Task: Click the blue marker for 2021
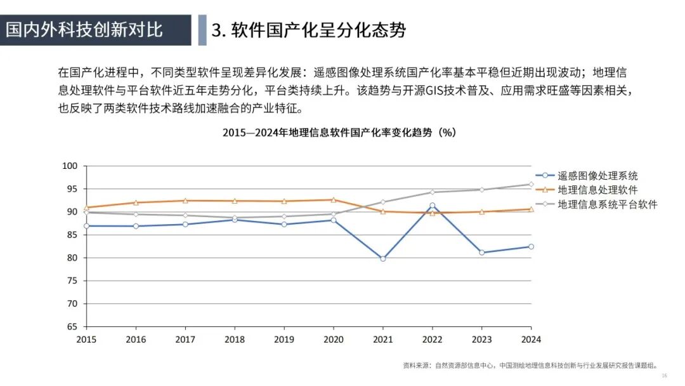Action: click(382, 258)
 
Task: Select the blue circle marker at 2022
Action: click(433, 206)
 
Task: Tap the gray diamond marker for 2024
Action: click(531, 185)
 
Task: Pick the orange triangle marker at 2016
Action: click(136, 203)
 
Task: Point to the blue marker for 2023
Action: click(481, 253)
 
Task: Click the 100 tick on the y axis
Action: click(70, 166)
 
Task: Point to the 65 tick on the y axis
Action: click(72, 327)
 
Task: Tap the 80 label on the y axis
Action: click(72, 258)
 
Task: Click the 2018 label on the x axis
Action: click(234, 340)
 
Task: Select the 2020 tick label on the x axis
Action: click(333, 340)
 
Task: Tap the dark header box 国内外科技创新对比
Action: click(95, 30)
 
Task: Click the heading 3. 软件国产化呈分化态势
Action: click(308, 30)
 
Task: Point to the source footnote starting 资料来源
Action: click(530, 366)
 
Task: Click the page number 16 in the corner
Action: click(664, 376)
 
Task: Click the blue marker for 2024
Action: click(531, 246)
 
